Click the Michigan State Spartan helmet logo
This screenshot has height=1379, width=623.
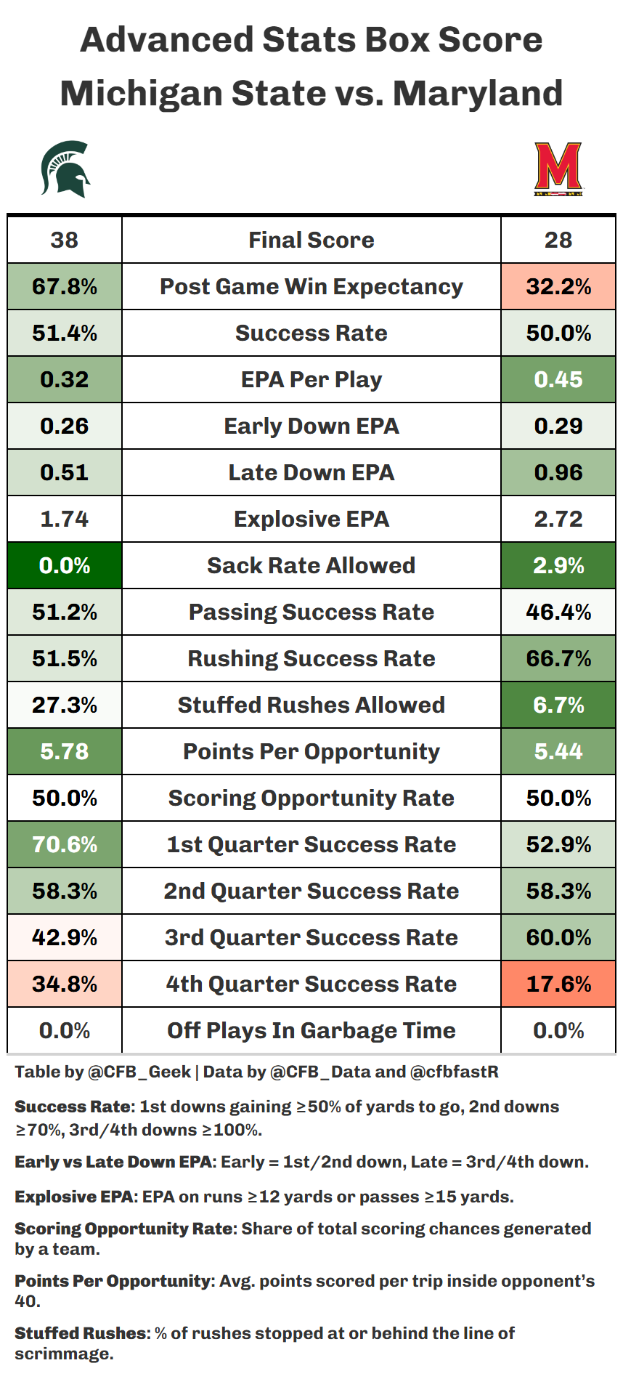coord(65,169)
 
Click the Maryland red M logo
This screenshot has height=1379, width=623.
coord(558,169)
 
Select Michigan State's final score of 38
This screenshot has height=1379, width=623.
coord(65,240)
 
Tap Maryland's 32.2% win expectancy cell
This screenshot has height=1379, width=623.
coord(558,286)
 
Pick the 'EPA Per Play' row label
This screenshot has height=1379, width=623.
coord(311,379)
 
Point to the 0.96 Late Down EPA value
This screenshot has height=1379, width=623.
coord(558,472)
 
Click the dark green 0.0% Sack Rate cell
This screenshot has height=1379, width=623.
coord(65,565)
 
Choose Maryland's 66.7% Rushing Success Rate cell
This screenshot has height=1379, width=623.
coord(558,658)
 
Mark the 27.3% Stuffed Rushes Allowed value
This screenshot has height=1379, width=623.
coord(65,705)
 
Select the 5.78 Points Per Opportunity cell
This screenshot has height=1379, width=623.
coord(65,751)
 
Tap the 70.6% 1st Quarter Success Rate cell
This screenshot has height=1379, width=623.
coord(65,844)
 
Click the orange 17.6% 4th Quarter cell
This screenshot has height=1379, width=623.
coord(558,984)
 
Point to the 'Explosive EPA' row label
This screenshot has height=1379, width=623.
coord(311,519)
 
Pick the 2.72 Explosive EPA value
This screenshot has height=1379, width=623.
coord(558,519)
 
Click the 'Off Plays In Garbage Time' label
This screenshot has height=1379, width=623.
coord(311,1030)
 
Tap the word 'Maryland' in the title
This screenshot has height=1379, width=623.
coord(478,94)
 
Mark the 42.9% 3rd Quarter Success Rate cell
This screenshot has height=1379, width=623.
coord(65,937)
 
